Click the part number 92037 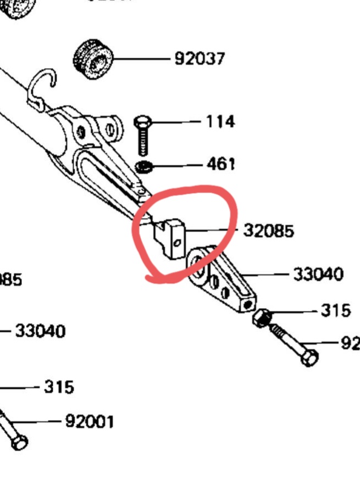click(200, 58)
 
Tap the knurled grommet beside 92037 click(93, 58)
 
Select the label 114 click(220, 121)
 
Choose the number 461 click(221, 164)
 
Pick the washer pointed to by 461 click(144, 166)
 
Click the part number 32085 click(268, 231)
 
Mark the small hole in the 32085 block click(177, 242)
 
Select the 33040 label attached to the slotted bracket click(318, 273)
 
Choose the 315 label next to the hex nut click(335, 310)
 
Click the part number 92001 click(90, 422)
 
